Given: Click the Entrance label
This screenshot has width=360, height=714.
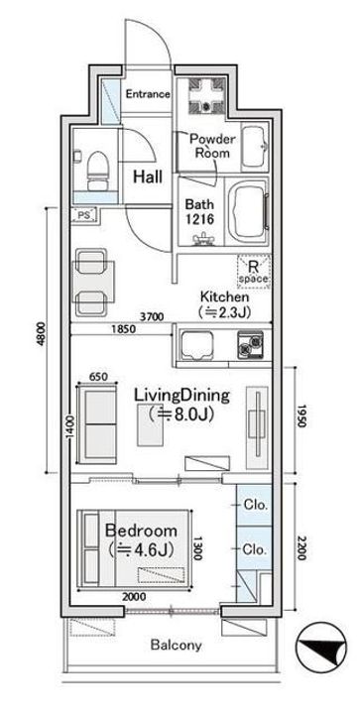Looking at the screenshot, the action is click(148, 94).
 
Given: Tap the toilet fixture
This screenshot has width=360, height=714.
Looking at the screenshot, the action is click(97, 171).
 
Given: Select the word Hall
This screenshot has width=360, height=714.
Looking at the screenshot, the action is click(148, 177).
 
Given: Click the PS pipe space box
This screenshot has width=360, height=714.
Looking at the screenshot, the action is click(84, 215).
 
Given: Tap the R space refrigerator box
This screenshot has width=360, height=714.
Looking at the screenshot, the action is click(254, 272).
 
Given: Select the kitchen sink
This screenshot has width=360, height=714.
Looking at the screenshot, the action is click(197, 346).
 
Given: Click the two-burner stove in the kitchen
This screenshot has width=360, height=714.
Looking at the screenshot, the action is click(250, 345).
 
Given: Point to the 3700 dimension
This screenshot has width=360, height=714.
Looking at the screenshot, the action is click(150, 317).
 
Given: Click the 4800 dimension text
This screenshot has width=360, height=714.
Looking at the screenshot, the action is click(42, 334).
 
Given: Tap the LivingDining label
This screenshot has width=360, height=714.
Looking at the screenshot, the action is click(181, 396).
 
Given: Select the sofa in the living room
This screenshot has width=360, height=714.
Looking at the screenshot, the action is click(97, 423).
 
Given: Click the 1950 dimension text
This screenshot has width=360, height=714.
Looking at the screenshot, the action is click(300, 416).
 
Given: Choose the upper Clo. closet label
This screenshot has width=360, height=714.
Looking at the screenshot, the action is click(255, 505).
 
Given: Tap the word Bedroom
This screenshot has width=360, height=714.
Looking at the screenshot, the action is click(141, 531).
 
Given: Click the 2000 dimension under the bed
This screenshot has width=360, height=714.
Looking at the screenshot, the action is click(134, 597).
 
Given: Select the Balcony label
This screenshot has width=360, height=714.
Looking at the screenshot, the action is click(177, 646).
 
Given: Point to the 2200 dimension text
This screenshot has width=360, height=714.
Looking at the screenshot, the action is click(300, 548).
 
